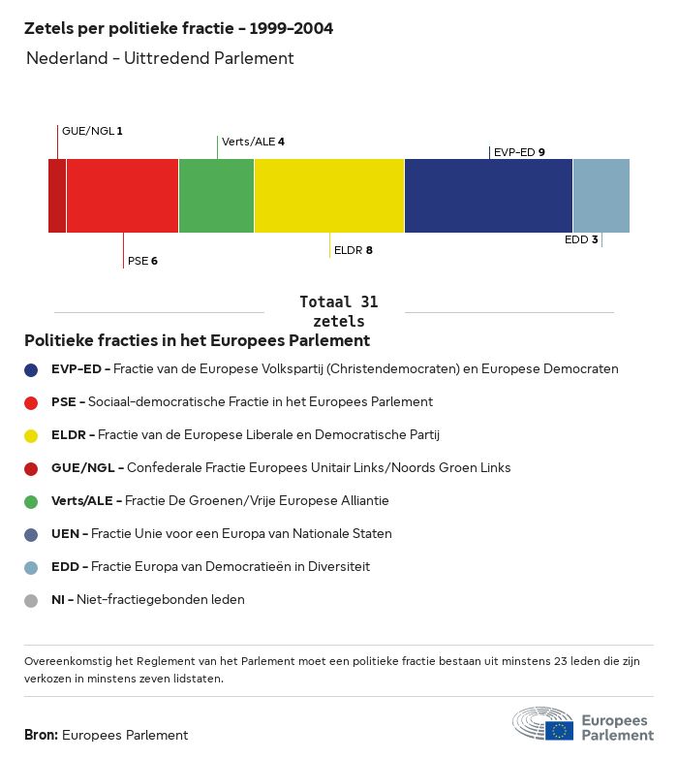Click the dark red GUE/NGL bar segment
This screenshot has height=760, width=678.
click(57, 196)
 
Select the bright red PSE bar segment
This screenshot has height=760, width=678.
click(122, 196)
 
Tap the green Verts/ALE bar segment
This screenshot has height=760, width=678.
click(216, 196)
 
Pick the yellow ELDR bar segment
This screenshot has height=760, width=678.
click(329, 196)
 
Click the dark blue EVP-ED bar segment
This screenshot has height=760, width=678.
click(488, 196)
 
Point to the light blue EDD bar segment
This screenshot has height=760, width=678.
click(601, 196)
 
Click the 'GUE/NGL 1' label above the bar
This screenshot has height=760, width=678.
click(92, 131)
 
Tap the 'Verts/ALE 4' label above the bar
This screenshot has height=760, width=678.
click(253, 142)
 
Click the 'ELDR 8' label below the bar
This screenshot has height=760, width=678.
click(353, 250)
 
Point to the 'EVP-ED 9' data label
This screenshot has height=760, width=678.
click(519, 152)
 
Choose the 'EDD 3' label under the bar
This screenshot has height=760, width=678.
click(581, 239)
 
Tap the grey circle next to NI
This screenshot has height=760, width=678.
click(31, 600)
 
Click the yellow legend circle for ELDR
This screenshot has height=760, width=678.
click(31, 435)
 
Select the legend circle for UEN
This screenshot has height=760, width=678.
click(31, 534)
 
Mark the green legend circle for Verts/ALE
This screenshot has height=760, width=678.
click(31, 501)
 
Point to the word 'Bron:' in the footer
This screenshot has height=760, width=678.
click(42, 736)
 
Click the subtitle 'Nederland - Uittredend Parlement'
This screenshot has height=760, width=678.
click(160, 58)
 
